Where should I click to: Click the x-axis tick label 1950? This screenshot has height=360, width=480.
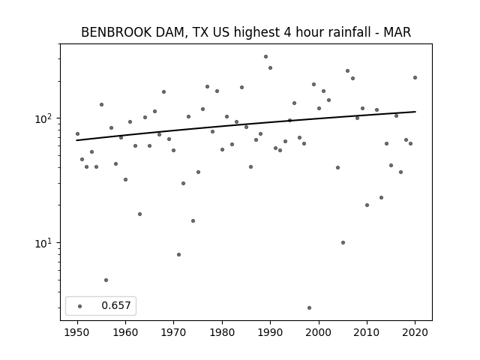pyautogui.click(x=77, y=332)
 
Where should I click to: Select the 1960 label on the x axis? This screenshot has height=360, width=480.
pyautogui.click(x=125, y=332)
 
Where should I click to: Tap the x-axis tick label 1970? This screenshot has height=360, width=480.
pyautogui.click(x=173, y=332)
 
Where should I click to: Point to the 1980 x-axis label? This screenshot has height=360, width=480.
pyautogui.click(x=222, y=332)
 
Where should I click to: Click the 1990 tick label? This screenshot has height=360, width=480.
pyautogui.click(x=270, y=332)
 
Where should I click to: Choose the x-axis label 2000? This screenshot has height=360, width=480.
pyautogui.click(x=319, y=332)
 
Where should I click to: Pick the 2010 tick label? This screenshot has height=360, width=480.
pyautogui.click(x=367, y=332)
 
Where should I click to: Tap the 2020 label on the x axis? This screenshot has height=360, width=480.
pyautogui.click(x=415, y=332)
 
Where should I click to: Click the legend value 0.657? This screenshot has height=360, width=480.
pyautogui.click(x=116, y=305)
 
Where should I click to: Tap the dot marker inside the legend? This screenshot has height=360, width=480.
pyautogui.click(x=80, y=306)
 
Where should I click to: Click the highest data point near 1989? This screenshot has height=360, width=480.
pyautogui.click(x=265, y=57)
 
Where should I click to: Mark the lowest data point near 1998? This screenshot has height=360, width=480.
pyautogui.click(x=309, y=307)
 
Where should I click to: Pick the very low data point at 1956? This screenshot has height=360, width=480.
pyautogui.click(x=106, y=280)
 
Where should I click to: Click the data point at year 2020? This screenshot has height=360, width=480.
pyautogui.click(x=415, y=77)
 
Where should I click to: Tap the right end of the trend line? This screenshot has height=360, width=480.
pyautogui.click(x=415, y=112)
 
